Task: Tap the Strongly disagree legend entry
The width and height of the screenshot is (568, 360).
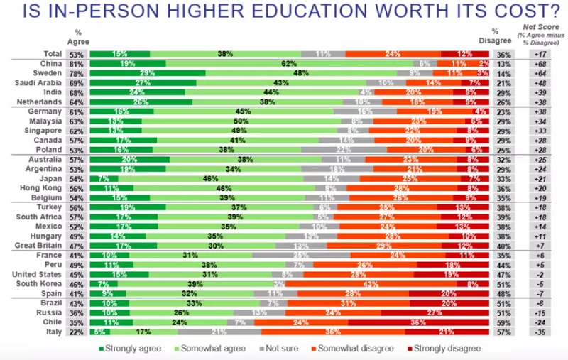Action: [447, 349]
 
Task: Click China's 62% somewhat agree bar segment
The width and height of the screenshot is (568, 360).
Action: [288, 63]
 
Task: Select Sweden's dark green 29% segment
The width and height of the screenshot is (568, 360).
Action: [148, 73]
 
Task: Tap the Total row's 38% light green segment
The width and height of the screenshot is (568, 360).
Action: [226, 53]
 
